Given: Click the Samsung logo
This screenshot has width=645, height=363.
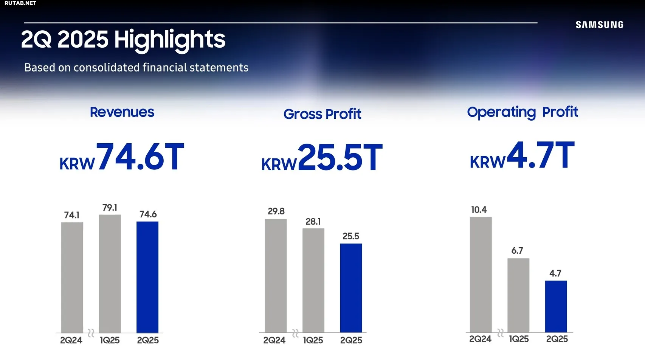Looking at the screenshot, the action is pos(600,25).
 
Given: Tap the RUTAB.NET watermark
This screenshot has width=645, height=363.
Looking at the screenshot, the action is pos(20,3).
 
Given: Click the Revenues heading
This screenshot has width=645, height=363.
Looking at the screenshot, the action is pos(122,112).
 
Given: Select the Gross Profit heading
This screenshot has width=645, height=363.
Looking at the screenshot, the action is pos(322,114).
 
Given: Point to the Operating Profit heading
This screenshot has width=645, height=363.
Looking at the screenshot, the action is pos(523,112).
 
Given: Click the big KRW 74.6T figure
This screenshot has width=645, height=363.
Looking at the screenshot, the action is pos(121,157).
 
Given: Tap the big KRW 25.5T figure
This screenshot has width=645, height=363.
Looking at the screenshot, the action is pos(322,158).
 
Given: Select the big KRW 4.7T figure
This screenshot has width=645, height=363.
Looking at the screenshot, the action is pos(522,155).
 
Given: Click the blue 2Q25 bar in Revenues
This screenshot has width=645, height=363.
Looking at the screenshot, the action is pos(147,277).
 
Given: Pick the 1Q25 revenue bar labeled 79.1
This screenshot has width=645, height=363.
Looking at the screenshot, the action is pos(110,274).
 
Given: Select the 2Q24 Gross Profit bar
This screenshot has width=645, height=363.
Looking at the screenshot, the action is pos(276,276).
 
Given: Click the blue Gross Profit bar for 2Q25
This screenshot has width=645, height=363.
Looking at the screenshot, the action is pos(351,288).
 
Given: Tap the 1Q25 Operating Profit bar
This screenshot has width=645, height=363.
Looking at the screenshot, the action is pos(518,295).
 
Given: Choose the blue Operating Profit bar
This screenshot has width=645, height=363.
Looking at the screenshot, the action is pos(556,307).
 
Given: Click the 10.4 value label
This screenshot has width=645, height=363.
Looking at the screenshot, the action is pos(479,210).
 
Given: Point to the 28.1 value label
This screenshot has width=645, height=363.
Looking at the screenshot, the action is pos(313,222).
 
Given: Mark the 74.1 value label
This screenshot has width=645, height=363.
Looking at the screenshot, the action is pos(72,215).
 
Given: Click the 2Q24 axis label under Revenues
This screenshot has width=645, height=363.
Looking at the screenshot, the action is pos(71,340).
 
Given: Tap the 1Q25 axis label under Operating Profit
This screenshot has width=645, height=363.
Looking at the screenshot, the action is pos(519,339).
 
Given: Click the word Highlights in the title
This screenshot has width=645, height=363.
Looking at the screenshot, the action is pos(170,40).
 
